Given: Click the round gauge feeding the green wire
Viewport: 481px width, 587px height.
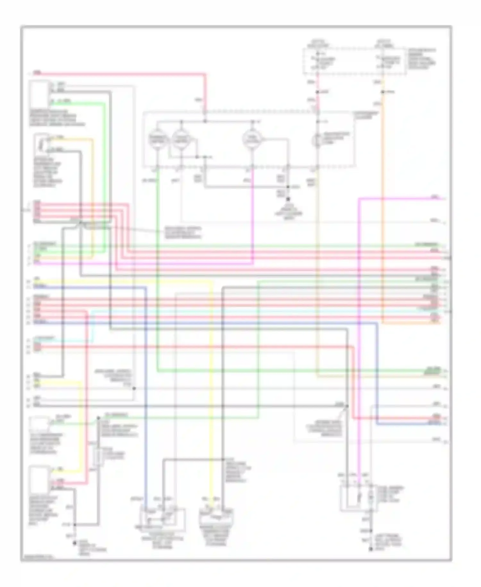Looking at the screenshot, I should coord(158,140).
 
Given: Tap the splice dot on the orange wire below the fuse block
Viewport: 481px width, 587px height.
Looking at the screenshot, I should coord(383,92).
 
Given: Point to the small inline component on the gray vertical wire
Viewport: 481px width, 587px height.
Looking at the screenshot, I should coord(98,456).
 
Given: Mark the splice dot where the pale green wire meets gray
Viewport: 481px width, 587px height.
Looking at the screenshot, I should coord(98,418).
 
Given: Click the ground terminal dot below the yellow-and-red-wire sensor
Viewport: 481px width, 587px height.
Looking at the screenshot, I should coord(75,543).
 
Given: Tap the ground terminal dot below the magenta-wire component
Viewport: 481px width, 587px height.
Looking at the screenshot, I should coord(371,549).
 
